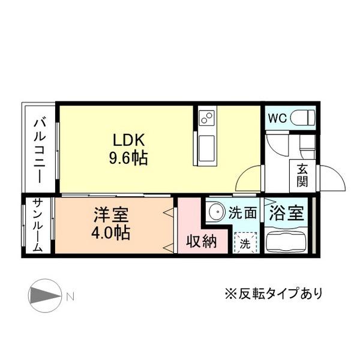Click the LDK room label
pos(130,139)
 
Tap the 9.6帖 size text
pos(128,158)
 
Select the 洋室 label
pos(110,215)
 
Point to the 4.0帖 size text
pos(110,233)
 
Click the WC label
pos(277,118)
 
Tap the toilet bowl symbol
pos(302,117)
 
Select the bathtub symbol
pos(286,242)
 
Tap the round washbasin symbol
pos(215,212)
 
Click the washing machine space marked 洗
pos(245,243)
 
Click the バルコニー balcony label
pos(39,150)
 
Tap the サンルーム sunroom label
pos(37,226)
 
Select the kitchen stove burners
pos(206,116)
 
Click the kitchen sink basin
pos(206,146)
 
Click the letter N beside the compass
pos(70,296)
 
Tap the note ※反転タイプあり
pos(273,293)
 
